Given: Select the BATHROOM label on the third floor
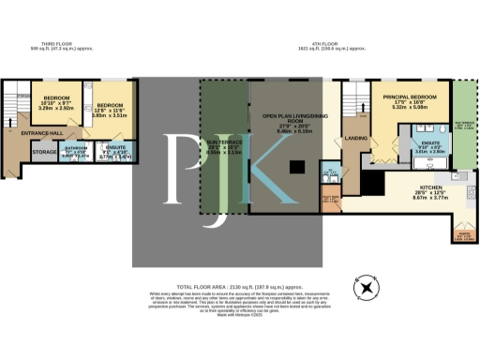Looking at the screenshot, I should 77,149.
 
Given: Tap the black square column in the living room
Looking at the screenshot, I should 296,168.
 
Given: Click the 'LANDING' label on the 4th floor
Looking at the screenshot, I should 355,142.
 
